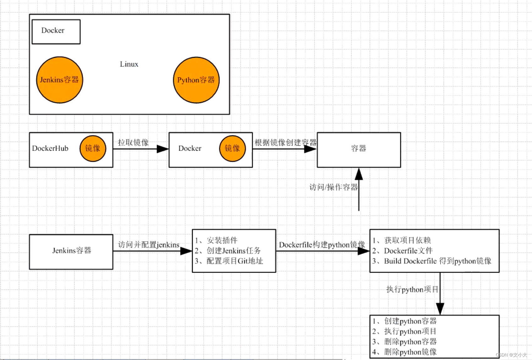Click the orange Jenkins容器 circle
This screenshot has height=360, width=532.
[x=59, y=80]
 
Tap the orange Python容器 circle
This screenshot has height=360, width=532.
[x=196, y=80]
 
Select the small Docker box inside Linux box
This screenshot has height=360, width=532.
[x=56, y=31]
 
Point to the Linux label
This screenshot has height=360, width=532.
[x=129, y=64]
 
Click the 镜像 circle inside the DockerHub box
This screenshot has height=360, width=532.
[x=93, y=148]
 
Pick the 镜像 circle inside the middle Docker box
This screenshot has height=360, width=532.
[x=232, y=148]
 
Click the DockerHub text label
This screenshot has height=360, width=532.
[x=50, y=148]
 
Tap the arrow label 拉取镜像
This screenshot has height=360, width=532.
[x=133, y=143]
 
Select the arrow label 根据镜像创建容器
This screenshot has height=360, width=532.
[x=285, y=143]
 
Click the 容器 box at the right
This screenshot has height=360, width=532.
[x=359, y=149]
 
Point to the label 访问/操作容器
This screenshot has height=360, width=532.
[x=333, y=187]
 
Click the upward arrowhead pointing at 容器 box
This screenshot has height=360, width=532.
[x=359, y=174]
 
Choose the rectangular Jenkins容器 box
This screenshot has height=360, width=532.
[x=71, y=251]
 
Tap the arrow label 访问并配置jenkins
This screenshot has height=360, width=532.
[x=148, y=245]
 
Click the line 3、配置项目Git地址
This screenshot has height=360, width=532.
[x=229, y=261]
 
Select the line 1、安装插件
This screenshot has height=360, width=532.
[x=216, y=240]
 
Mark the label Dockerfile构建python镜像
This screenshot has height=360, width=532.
[x=322, y=245]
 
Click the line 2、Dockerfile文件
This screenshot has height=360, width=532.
[x=402, y=251]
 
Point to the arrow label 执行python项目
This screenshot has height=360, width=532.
[x=412, y=289]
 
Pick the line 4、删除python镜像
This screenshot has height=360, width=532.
[x=404, y=352]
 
